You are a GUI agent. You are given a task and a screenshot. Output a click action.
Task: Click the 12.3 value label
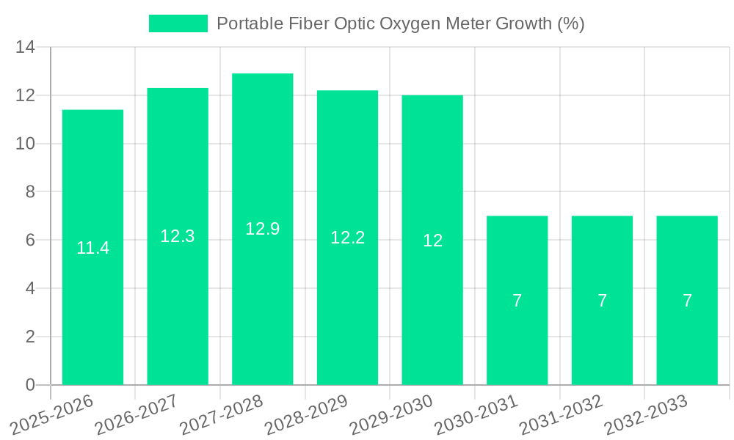click(x=178, y=236)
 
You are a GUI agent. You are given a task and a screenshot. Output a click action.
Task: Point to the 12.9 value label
click(x=262, y=229)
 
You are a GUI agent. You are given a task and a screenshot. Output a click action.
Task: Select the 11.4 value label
click(x=92, y=248)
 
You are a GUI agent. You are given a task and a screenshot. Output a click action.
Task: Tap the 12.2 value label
click(x=347, y=238)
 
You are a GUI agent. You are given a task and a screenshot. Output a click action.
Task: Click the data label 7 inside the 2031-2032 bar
click(x=602, y=301)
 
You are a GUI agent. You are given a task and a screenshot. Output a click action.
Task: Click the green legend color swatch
click(x=178, y=23)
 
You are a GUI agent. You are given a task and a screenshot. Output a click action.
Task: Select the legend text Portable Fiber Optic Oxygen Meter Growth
click(x=401, y=23)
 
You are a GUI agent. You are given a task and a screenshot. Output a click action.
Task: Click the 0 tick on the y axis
click(x=30, y=385)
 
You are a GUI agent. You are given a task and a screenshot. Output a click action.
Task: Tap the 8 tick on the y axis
click(x=30, y=192)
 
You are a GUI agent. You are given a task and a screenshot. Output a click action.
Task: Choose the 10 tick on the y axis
click(x=26, y=144)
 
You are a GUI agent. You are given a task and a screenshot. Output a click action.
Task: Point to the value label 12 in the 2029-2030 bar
click(x=432, y=241)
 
